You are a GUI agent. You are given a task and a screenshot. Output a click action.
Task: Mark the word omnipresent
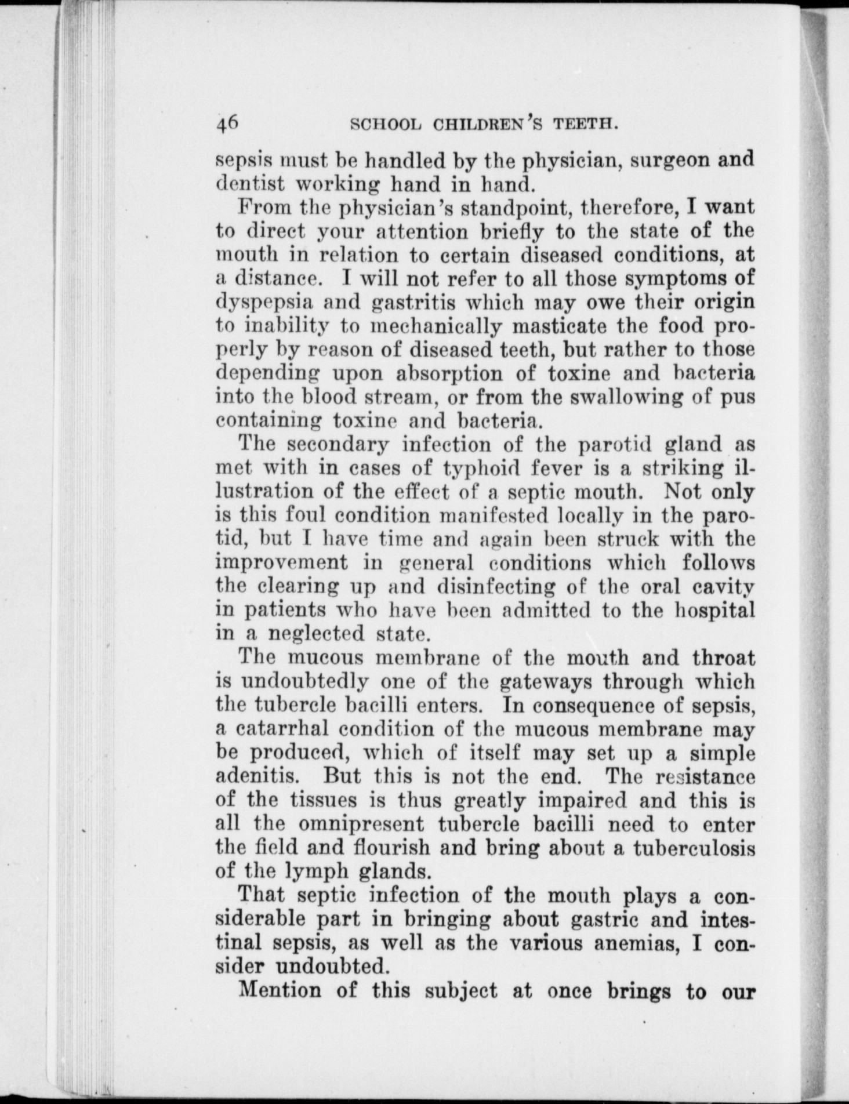360,824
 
